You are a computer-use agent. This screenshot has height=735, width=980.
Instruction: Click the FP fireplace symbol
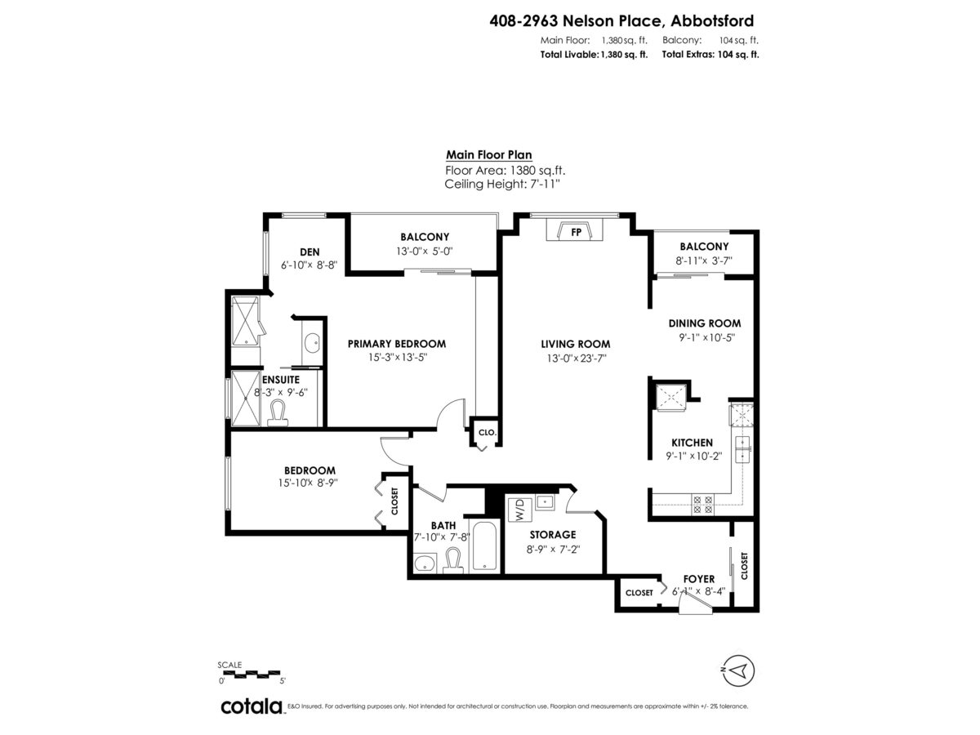576,231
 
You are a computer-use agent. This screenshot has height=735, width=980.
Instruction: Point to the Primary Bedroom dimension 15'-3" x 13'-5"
397,358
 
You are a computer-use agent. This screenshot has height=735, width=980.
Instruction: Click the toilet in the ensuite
279,412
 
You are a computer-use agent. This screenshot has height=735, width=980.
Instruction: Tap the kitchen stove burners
702,504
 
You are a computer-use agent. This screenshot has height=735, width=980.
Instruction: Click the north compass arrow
739,671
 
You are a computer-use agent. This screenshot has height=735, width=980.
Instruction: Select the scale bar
251,674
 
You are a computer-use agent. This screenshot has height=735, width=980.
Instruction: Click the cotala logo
252,706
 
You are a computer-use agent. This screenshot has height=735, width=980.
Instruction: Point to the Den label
310,252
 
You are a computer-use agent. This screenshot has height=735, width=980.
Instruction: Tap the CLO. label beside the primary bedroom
486,432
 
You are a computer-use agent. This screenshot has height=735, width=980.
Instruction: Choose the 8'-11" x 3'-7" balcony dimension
704,261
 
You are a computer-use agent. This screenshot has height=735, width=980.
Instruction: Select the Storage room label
552,534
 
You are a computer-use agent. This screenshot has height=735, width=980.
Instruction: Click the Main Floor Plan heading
488,154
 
